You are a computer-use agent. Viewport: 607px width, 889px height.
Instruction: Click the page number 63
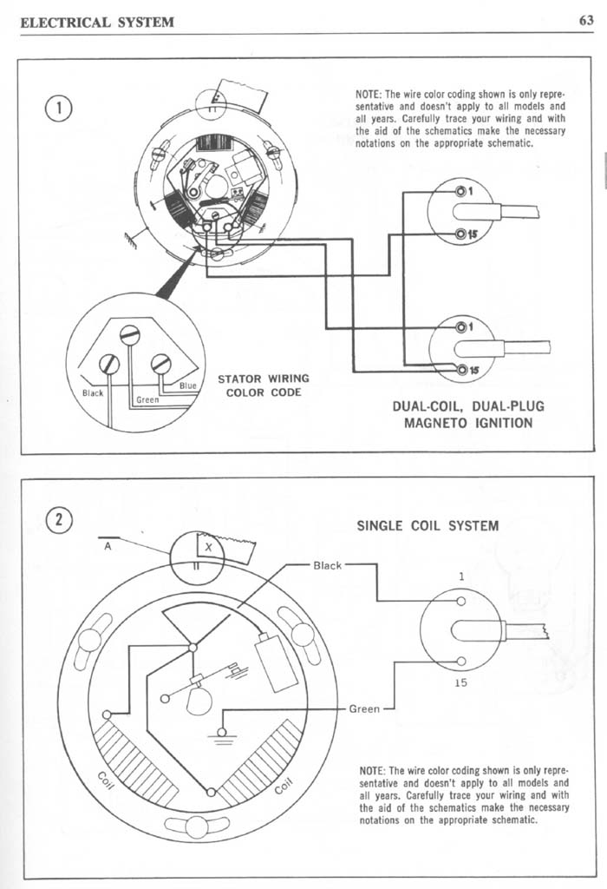pos(585,20)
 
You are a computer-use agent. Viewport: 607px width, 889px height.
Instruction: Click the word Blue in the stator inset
pos(187,385)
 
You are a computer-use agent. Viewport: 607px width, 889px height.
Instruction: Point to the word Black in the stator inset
pos(92,392)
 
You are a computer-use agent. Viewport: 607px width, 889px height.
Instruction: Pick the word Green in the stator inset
pos(147,401)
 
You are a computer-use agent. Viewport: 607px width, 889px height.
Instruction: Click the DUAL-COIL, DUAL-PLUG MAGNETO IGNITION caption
pos(468,414)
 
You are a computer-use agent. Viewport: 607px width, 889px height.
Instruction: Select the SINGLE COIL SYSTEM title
pos(428,525)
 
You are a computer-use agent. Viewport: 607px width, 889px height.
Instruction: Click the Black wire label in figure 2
pos(327,565)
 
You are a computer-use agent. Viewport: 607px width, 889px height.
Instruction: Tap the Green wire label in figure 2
pos(364,709)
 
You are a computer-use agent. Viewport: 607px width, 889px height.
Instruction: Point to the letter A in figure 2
pos(107,547)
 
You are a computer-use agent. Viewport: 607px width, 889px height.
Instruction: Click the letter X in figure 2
pos(207,547)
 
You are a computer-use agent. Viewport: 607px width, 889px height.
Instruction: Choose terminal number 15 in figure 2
pos(460,682)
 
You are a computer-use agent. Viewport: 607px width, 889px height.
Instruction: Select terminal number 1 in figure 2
pos(461,576)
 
